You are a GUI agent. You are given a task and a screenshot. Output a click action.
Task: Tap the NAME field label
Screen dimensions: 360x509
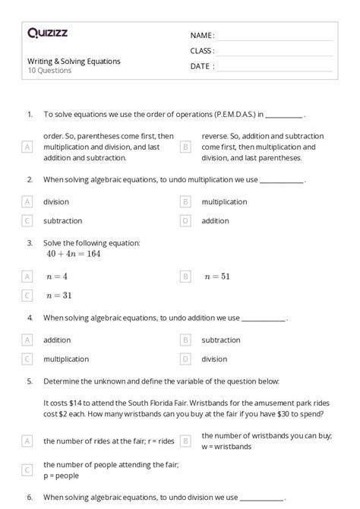(x=202, y=36)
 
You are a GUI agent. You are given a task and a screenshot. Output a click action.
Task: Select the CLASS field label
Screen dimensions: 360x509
(x=202, y=51)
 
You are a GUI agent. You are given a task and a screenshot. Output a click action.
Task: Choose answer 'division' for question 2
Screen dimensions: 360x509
(x=56, y=202)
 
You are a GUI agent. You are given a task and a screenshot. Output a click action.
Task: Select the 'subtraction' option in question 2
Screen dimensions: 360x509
(x=62, y=221)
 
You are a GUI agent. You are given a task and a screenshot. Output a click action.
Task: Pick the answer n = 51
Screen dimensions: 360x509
(x=217, y=277)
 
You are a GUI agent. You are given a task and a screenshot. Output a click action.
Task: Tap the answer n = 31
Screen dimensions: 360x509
(x=58, y=296)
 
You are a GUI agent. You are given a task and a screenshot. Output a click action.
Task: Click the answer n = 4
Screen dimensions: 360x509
(x=57, y=277)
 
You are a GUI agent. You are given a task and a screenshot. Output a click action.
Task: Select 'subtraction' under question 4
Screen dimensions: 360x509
(x=221, y=340)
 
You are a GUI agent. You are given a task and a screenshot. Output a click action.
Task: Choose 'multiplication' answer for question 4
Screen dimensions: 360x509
(x=67, y=359)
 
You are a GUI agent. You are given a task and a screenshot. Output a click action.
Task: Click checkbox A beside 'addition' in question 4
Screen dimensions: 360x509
(x=27, y=340)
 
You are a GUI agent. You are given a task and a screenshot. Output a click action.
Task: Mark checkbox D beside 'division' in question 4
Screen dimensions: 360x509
(x=185, y=359)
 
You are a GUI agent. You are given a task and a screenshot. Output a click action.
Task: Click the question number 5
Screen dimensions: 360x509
(x=30, y=381)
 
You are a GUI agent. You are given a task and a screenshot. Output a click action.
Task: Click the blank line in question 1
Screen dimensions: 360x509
(x=284, y=115)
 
